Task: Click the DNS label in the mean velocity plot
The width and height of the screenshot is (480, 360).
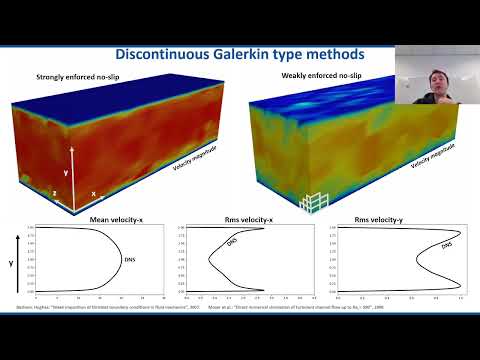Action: tap(130, 261)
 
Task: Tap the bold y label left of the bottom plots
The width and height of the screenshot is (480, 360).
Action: tap(10, 264)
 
